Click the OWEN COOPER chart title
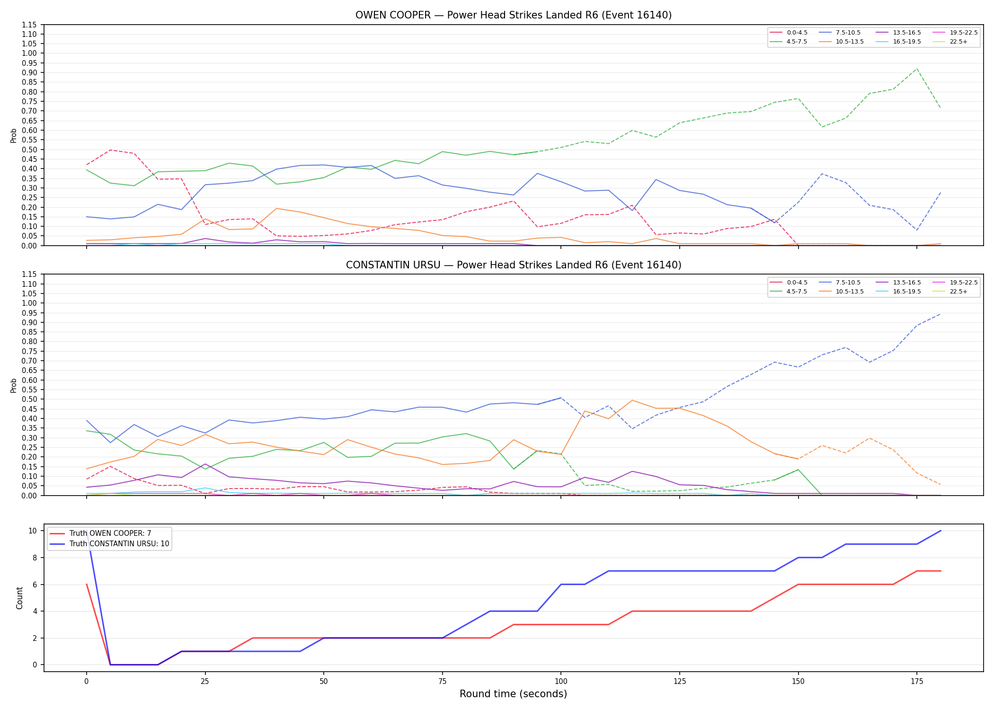coord(514,15)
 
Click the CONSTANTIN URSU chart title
coord(514,265)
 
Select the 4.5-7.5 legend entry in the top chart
coord(789,42)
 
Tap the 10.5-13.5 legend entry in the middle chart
coord(841,292)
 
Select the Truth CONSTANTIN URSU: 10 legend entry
coord(109,544)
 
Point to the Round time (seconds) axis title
coord(513,694)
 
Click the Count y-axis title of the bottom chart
coord(19,598)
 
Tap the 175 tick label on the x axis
coord(917,682)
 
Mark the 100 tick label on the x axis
coord(561,682)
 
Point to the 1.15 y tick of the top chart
coord(29,25)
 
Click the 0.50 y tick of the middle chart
coord(29,399)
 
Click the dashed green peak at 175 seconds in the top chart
coord(917,69)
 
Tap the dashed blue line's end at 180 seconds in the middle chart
coord(941,314)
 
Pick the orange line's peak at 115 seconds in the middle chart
coord(632,400)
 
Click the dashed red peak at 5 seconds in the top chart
coord(110,150)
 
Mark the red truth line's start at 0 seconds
coord(87,585)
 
